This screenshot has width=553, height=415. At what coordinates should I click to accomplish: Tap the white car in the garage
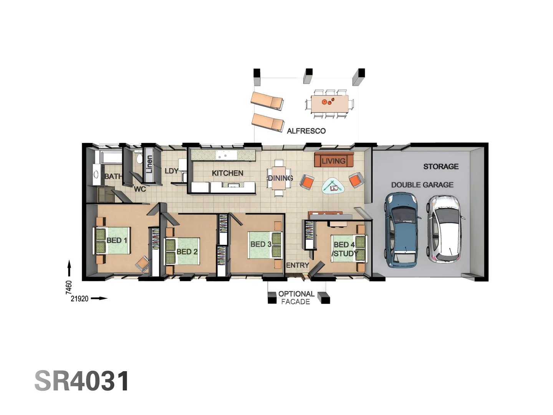445,229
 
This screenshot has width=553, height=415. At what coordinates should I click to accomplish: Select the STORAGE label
441,166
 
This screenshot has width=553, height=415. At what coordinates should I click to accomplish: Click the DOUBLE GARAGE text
422,185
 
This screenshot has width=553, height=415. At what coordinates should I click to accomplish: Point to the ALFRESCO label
306,131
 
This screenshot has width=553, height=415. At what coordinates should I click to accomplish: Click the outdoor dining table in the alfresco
329,103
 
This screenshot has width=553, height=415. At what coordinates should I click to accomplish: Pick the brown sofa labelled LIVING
333,160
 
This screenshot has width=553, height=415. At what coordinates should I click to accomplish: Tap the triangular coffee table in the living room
333,187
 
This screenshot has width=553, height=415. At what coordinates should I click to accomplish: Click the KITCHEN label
227,173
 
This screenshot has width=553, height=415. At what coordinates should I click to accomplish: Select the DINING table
279,178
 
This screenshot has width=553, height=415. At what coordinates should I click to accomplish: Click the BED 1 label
116,241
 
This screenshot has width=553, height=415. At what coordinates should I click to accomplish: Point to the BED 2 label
187,252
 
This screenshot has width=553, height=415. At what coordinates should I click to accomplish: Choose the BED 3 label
261,244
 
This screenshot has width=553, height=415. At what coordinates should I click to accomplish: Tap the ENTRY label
297,265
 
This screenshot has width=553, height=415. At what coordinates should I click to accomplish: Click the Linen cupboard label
149,164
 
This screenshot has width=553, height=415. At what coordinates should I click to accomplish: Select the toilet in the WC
139,159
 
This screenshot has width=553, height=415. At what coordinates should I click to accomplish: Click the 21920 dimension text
79,299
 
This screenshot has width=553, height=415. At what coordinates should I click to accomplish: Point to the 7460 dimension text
69,287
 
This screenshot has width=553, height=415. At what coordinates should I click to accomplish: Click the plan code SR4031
82,381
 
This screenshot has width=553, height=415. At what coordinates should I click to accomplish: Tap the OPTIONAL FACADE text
296,298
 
